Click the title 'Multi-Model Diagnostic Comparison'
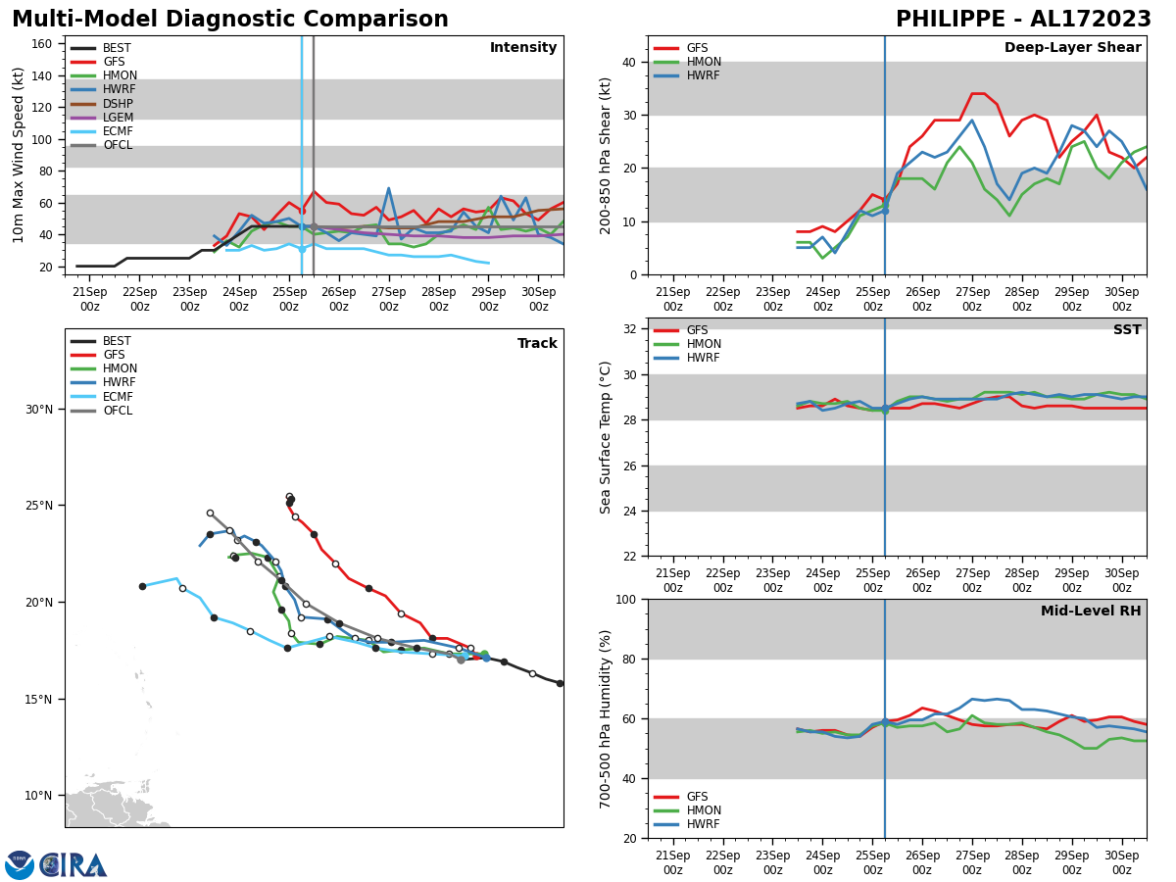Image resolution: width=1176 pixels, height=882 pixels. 230,20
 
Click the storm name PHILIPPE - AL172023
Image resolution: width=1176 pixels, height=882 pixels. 1023,20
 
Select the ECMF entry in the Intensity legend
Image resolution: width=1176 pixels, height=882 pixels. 118,131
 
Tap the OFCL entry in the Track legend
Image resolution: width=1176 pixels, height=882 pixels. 118,411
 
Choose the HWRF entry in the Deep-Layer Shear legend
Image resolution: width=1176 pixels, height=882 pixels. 702,75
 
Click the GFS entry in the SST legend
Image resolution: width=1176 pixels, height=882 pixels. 697,330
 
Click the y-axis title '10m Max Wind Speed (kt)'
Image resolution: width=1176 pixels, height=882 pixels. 20,155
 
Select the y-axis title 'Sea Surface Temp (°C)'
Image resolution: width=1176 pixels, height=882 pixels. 606,437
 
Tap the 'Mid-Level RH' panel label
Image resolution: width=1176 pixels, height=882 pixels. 1090,612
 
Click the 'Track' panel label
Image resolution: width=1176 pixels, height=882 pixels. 537,344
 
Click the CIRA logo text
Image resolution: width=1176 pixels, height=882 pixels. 74,865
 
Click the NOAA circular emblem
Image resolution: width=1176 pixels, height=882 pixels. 20,865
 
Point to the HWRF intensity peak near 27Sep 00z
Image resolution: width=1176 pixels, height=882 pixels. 388,188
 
